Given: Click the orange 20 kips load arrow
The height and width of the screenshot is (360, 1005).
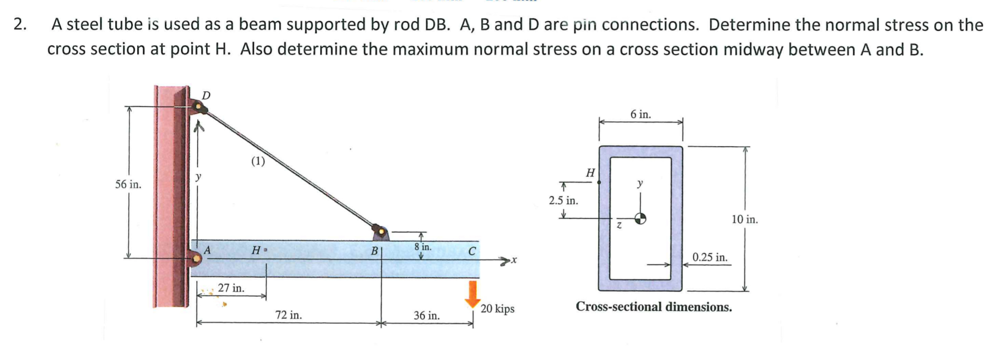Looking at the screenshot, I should (472, 294).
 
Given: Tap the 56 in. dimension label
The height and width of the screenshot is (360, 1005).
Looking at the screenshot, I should (128, 185).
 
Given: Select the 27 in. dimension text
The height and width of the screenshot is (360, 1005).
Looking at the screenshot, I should (231, 288).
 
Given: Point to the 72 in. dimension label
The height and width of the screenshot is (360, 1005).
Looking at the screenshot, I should (288, 315).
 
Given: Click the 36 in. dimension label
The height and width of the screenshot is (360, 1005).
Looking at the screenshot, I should (427, 315).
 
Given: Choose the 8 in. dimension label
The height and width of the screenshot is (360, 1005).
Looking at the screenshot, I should (423, 247).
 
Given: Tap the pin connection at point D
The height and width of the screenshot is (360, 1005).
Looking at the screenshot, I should (198, 107).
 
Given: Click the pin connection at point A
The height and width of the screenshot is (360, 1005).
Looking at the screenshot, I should (195, 259).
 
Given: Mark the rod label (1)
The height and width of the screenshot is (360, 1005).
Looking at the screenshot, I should (258, 161).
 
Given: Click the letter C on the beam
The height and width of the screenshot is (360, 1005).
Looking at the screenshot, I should (472, 251).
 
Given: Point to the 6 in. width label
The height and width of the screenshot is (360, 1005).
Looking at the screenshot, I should (641, 114).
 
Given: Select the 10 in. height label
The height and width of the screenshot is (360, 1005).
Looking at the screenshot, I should (744, 220).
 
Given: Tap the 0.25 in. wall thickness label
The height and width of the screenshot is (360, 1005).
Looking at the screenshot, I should (709, 258).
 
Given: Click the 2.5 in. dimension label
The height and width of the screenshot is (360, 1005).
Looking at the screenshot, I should (563, 201).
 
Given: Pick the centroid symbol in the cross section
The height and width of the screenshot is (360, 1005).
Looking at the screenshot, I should (641, 218).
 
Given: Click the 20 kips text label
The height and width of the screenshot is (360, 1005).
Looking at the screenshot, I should (497, 309).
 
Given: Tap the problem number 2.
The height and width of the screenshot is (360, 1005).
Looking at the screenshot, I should (19, 24).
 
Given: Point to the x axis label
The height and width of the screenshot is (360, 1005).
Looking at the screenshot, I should (514, 260).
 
